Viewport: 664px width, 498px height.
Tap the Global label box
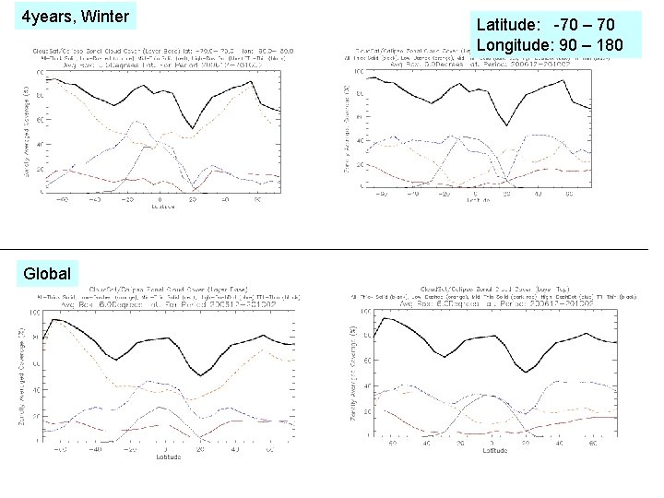(x=46, y=274)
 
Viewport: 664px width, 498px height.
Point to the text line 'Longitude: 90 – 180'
(x=550, y=45)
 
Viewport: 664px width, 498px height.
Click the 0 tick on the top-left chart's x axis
(x=160, y=199)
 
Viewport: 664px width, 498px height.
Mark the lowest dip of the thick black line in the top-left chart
(x=193, y=128)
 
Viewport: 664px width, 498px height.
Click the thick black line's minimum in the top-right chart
(x=505, y=125)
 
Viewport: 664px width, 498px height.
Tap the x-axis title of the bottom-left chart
(x=168, y=456)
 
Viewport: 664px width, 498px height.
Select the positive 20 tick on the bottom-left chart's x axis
(x=200, y=449)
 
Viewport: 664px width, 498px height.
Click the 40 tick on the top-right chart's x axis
(x=538, y=195)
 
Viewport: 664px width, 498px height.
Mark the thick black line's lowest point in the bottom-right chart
(x=527, y=372)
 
